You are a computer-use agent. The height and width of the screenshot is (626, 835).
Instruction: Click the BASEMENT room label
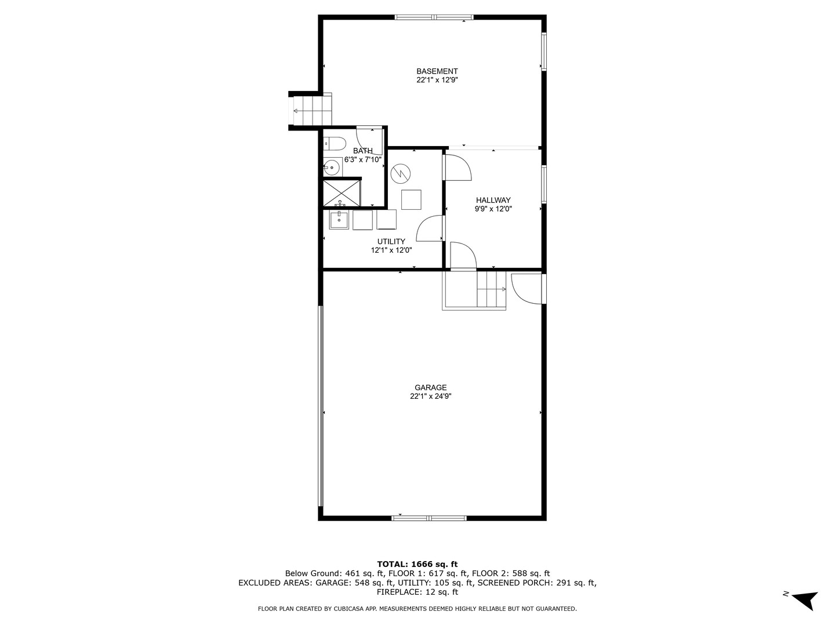tap(437, 71)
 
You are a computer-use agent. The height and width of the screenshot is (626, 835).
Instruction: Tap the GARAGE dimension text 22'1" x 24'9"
tap(430, 396)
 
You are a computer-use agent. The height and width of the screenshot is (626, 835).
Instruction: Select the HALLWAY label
tap(493, 200)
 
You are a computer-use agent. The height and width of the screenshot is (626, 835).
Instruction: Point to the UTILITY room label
tap(391, 241)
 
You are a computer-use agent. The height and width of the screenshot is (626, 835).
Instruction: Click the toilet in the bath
tap(334, 143)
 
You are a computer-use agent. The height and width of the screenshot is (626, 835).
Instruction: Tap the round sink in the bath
tap(332, 168)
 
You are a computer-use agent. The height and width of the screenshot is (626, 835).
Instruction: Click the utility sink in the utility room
tap(339, 220)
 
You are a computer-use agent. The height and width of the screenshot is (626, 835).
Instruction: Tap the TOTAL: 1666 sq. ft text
tap(417, 563)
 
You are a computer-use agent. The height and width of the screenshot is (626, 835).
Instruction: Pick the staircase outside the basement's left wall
tap(312, 110)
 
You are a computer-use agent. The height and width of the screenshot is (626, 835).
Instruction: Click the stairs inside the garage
tap(491, 289)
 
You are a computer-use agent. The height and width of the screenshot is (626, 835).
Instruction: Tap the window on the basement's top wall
tap(434, 17)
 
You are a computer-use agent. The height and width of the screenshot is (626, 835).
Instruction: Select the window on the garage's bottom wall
tap(429, 518)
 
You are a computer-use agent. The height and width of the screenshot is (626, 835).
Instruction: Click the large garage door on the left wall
tap(320, 406)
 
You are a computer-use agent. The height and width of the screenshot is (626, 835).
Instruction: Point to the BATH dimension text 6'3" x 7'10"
tap(363, 159)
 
